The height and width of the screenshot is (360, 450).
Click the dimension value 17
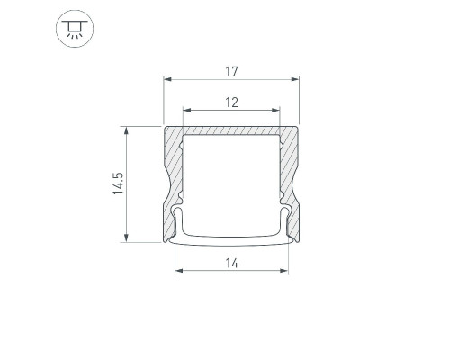point(231,71)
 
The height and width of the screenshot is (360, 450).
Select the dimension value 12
point(231,103)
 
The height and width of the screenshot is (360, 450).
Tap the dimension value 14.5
point(118,184)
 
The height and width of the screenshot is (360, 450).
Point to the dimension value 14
point(232,264)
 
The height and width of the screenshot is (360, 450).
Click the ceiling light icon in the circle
point(75,29)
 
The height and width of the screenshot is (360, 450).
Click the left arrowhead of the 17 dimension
point(167,79)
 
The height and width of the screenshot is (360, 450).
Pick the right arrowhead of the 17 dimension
point(295,79)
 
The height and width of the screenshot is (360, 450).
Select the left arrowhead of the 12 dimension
point(187,111)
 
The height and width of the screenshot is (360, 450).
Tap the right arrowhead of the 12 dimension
point(275,111)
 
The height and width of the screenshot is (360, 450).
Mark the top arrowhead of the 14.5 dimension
point(126,130)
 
